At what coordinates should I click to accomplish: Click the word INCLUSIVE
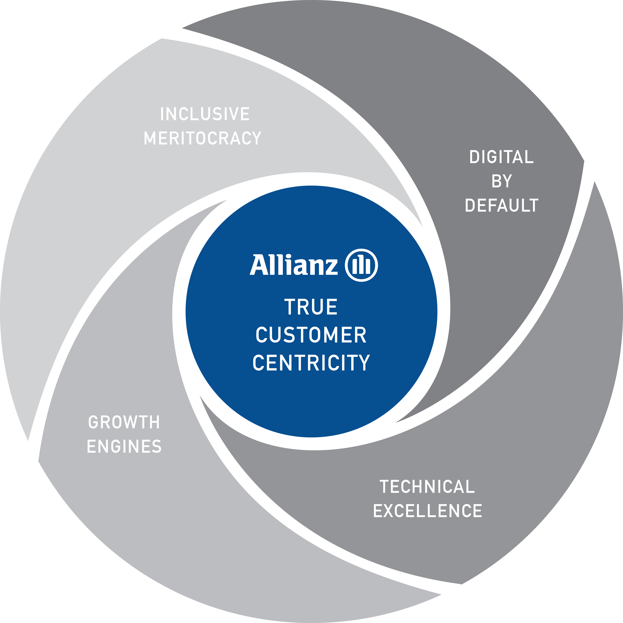(x=205, y=114)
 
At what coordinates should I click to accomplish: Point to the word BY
(x=501, y=181)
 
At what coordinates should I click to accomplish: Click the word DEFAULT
(x=501, y=205)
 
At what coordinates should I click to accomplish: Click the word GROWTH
(x=124, y=423)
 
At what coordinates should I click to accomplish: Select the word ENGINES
(x=124, y=447)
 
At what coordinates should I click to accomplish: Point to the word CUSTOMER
(x=311, y=335)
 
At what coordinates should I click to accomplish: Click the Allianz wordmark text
(x=293, y=265)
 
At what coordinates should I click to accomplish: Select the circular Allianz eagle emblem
(x=361, y=265)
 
